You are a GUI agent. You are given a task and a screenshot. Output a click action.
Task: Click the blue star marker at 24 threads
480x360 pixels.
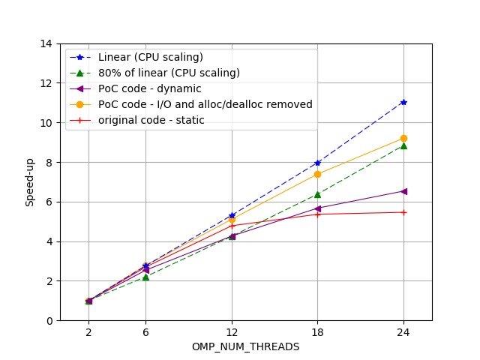click(403, 102)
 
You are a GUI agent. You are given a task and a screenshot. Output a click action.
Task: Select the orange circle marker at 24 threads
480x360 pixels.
click(403, 138)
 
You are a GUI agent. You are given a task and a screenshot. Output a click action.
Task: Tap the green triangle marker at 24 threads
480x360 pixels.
click(403, 145)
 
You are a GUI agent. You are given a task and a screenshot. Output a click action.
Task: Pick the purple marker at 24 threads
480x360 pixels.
click(403, 191)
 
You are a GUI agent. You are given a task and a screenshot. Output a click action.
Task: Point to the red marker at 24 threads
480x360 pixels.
click(403, 212)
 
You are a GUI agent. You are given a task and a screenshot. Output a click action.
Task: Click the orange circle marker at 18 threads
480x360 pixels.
click(317, 174)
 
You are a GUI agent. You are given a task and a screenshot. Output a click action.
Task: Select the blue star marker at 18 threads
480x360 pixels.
click(317, 163)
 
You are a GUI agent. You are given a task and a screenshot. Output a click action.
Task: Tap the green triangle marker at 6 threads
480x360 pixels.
click(145, 277)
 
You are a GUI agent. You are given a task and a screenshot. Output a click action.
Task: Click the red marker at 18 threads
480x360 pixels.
click(317, 214)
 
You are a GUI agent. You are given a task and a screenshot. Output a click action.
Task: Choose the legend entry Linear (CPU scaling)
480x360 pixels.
click(151, 57)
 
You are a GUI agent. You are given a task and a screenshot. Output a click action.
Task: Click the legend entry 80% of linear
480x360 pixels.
click(169, 73)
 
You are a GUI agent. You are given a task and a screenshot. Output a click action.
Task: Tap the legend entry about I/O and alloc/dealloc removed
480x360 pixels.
click(205, 104)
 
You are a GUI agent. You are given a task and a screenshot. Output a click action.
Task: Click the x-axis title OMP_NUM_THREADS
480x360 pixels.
click(246, 346)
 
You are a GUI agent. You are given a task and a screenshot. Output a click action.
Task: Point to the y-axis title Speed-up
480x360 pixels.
click(29, 182)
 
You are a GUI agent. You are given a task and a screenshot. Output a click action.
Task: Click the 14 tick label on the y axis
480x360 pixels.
click(46, 43)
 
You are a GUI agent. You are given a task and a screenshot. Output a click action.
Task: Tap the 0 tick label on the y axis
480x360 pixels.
click(49, 321)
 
